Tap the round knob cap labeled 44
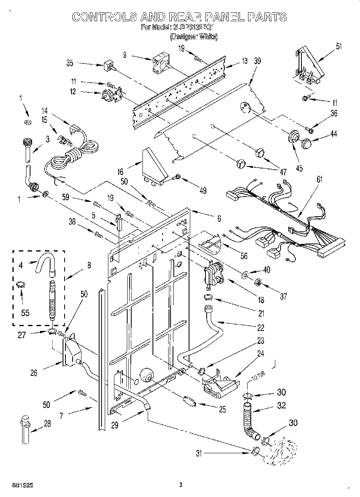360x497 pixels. click(307, 142)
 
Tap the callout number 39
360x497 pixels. click(257, 61)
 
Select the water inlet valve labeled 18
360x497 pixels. click(214, 274)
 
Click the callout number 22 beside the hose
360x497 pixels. click(261, 328)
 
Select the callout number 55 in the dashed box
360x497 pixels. click(25, 313)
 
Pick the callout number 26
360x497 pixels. click(34, 373)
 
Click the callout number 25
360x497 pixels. click(222, 409)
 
